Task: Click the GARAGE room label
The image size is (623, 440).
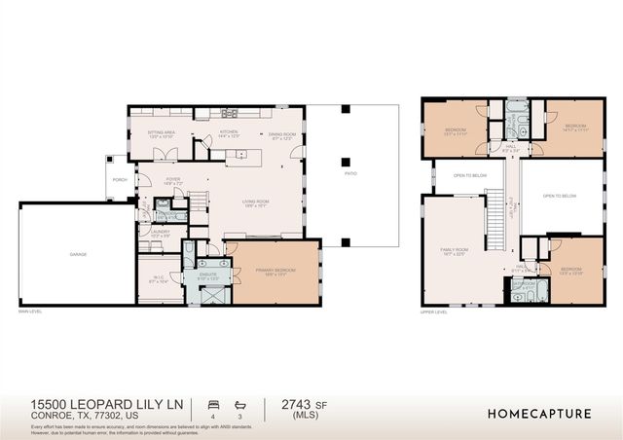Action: (77, 254)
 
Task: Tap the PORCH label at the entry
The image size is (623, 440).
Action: (121, 179)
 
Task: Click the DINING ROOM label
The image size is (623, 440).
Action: (282, 135)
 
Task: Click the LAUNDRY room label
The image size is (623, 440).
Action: (160, 232)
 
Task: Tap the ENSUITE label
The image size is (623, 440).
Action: (209, 275)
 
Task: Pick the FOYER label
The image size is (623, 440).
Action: (173, 179)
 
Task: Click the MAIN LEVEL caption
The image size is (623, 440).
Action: (32, 312)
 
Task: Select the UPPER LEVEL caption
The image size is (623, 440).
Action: (433, 312)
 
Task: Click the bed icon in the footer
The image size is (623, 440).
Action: (213, 402)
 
